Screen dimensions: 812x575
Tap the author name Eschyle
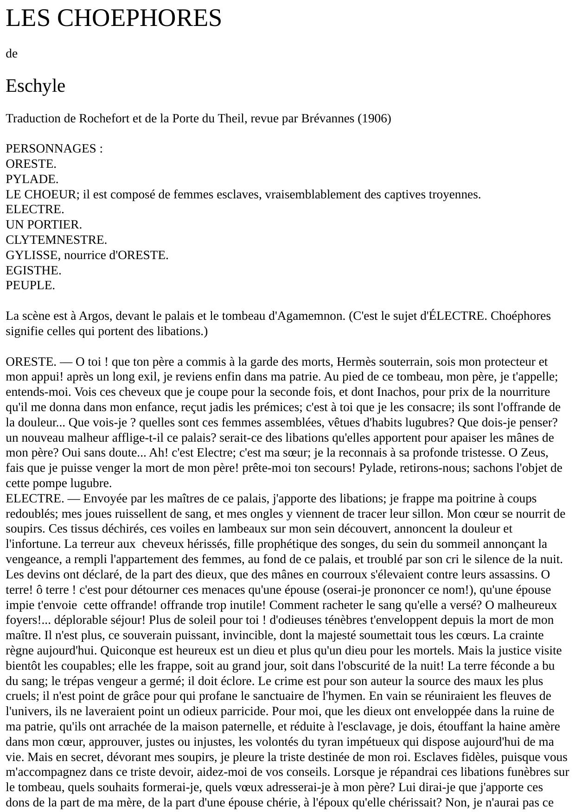pos(35,86)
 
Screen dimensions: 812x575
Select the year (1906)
pos(374,119)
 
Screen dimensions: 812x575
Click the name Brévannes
pos(327,119)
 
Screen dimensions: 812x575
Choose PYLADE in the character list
pos(32,179)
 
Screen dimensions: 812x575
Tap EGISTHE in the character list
pos(33,271)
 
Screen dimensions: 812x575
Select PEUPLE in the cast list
pos(30,286)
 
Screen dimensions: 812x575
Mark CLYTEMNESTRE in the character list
pos(56,240)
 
